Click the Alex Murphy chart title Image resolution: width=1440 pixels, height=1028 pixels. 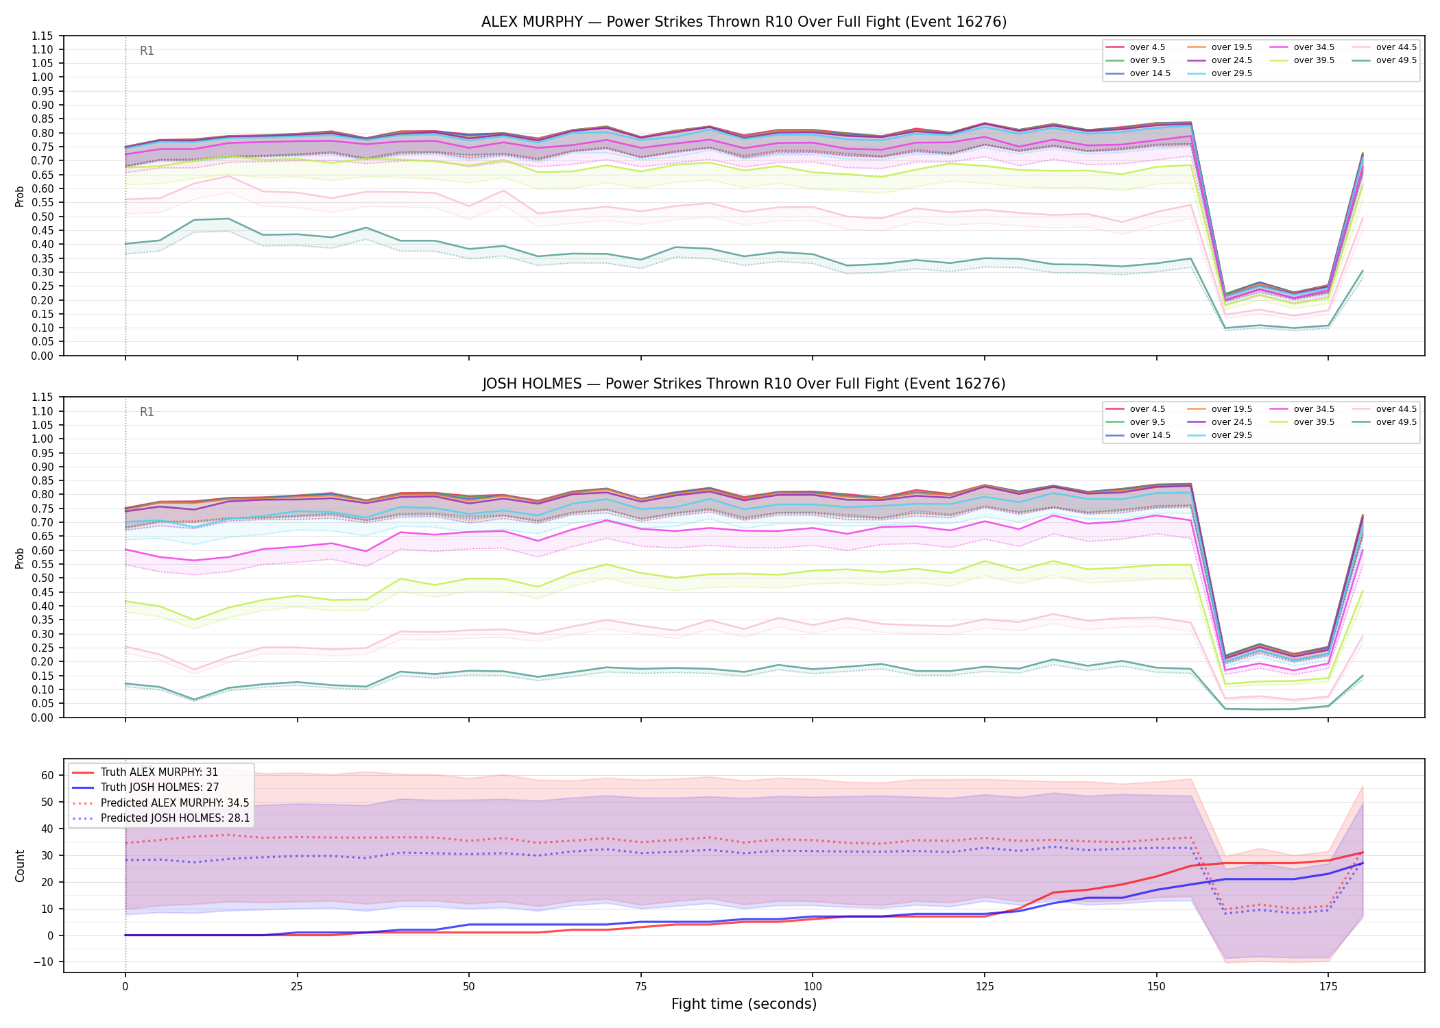pyautogui.click(x=744, y=22)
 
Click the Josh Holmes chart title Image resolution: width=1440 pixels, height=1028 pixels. pyautogui.click(x=744, y=384)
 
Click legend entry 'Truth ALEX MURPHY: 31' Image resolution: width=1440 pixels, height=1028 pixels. pyautogui.click(x=159, y=772)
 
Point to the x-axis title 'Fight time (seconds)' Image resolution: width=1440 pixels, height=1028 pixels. pyautogui.click(x=744, y=1004)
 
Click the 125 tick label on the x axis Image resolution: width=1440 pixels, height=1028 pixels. pyautogui.click(x=985, y=987)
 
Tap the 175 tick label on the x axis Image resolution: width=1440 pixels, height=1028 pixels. pyautogui.click(x=1328, y=987)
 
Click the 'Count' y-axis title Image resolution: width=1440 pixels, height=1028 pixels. pyautogui.click(x=20, y=866)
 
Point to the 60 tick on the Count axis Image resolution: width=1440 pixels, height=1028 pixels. pyautogui.click(x=47, y=776)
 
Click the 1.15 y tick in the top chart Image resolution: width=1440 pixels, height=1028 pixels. pyautogui.click(x=42, y=36)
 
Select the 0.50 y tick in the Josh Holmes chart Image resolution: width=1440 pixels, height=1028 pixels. pyautogui.click(x=42, y=578)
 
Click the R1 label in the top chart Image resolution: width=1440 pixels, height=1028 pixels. pyautogui.click(x=147, y=51)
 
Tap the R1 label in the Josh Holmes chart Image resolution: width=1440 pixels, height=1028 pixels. pyautogui.click(x=147, y=412)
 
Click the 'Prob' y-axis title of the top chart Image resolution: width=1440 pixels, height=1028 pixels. pyautogui.click(x=20, y=196)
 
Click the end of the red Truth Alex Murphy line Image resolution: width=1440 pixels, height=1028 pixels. pyautogui.click(x=1363, y=853)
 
